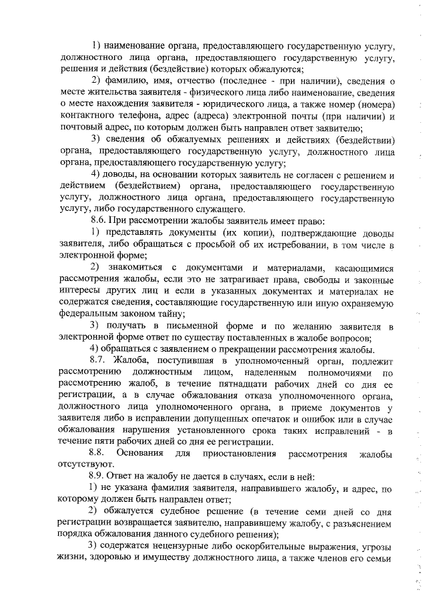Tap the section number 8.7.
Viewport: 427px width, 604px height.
[x=99, y=361]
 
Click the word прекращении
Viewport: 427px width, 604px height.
[x=252, y=349]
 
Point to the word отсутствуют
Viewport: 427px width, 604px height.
[x=87, y=465]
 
